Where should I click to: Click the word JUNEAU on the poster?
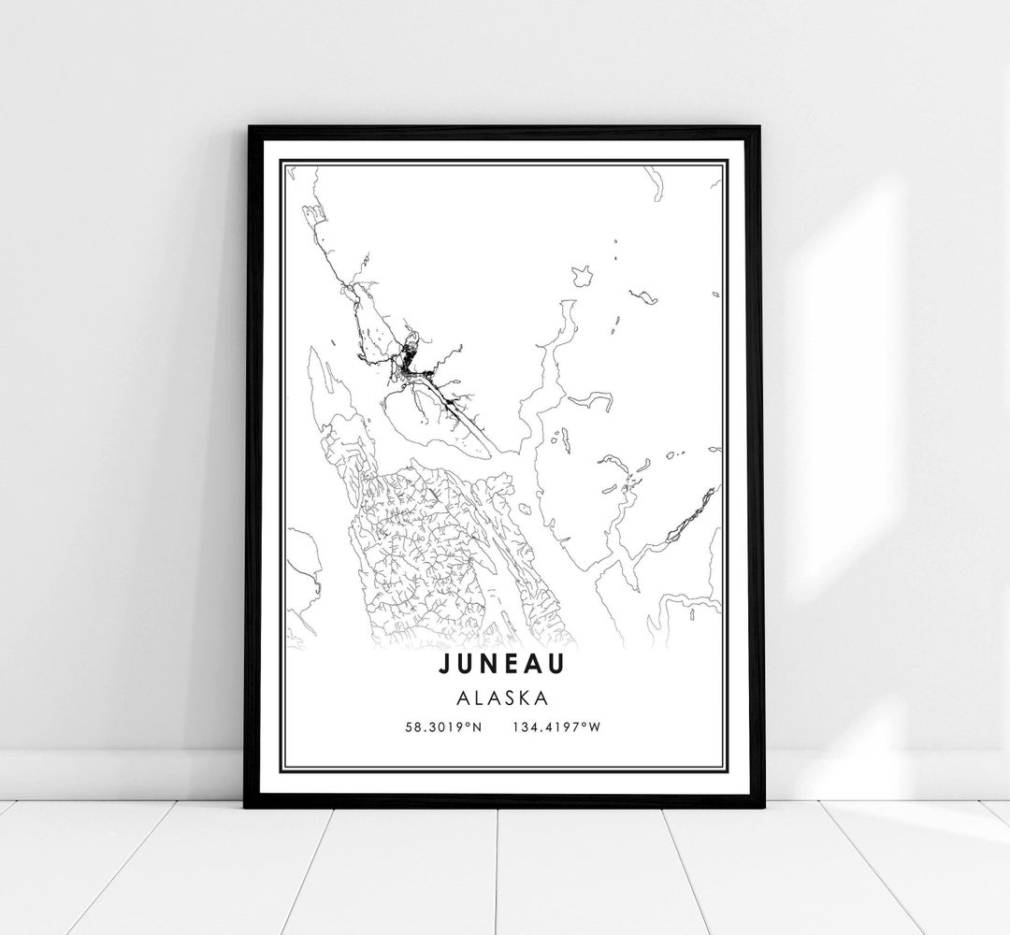[x=504, y=665]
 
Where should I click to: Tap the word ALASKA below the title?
[x=505, y=698]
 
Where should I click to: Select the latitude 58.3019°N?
[x=444, y=727]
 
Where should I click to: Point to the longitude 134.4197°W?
[x=556, y=727]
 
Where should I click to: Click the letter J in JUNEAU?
[x=440, y=665]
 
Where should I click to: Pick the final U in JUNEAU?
[x=567, y=665]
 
